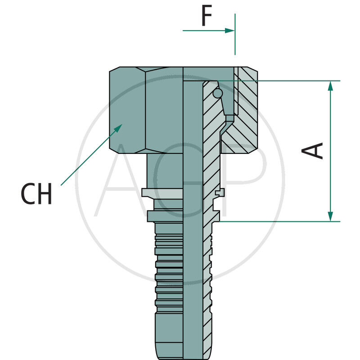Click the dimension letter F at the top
click(x=206, y=17)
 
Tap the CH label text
click(x=36, y=194)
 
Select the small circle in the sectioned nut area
click(x=218, y=93)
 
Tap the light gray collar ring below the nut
click(x=162, y=193)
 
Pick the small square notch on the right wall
click(x=220, y=193)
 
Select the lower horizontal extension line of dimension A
click(x=279, y=221)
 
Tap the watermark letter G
click(x=180, y=180)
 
